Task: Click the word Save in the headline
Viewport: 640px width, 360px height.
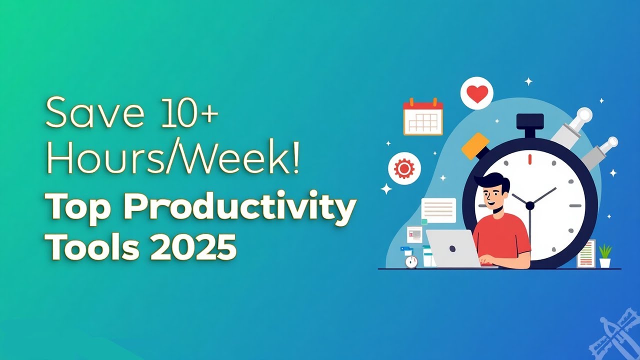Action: [95, 112]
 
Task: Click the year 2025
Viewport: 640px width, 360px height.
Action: [193, 246]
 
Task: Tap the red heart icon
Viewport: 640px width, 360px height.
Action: [477, 93]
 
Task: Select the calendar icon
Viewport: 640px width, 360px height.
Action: [423, 116]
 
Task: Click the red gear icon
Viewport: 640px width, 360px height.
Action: [404, 168]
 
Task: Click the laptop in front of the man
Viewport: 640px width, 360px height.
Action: [454, 248]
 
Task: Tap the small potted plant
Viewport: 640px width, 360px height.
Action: [605, 256]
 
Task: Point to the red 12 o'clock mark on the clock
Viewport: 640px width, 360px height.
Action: [529, 159]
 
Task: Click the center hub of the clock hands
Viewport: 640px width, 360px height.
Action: [530, 205]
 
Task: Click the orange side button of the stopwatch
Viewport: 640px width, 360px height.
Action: [475, 146]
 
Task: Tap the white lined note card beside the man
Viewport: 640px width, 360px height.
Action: [438, 210]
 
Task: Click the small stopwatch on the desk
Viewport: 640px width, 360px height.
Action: [411, 261]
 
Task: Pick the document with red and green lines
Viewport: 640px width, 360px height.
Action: [586, 253]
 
